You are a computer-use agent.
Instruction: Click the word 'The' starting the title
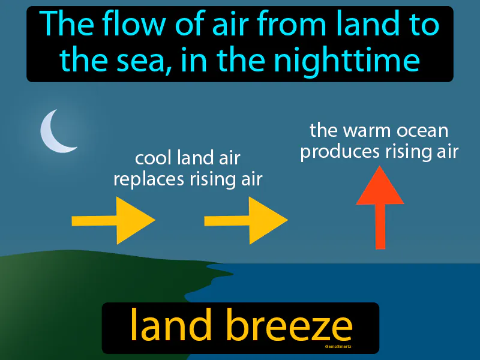63,25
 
